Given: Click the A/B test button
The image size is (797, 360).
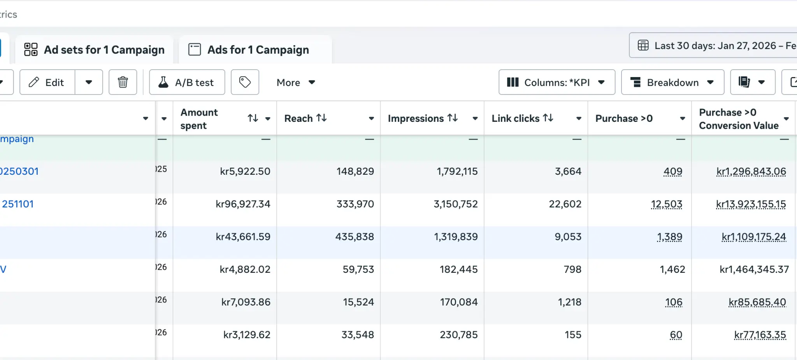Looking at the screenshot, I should pos(187,82).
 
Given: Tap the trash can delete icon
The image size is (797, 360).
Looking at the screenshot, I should pos(123,82).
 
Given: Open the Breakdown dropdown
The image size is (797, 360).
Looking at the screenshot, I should pos(672,82).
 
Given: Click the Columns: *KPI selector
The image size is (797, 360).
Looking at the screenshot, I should pos(556,82).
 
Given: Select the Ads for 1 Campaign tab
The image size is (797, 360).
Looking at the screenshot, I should pos(255,50).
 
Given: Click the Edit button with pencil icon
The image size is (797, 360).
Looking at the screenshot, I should pos(47,82).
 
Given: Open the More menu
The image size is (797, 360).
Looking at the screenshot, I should pos(295,82).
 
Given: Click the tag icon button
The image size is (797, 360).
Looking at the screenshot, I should pos(245,82).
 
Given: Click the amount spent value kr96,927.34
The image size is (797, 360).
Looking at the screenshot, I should pos(243,204).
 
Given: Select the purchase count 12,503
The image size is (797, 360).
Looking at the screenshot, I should pos(666,204).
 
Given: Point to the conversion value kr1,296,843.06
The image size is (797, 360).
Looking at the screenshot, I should pos(751,171).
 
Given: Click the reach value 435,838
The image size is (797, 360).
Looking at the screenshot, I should pos(355,237).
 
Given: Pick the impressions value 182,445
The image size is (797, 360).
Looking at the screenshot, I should pos(458,269).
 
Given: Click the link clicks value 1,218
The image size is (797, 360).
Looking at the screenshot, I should pos(569,302).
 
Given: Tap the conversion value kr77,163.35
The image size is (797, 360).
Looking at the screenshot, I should pos(760,335).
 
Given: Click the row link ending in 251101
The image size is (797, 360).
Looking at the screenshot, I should pos(18,204).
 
